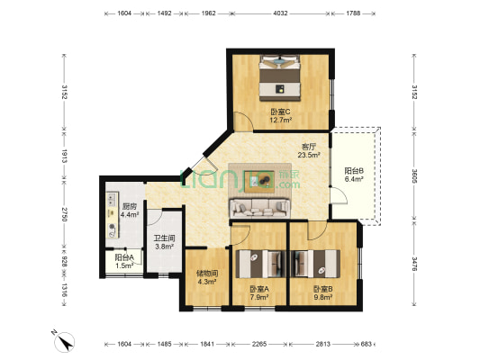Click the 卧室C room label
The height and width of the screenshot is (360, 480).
pos(280,112)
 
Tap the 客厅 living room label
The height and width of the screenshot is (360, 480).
pos(309,147)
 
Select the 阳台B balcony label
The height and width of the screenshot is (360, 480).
pos(354,171)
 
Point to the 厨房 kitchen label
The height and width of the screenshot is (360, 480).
pos(129,206)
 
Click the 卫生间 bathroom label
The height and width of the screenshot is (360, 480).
pos(165,238)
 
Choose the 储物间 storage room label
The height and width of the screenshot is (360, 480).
pos(207,273)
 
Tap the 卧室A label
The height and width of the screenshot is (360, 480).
pos(259,289)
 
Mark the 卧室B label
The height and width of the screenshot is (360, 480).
pos(323,289)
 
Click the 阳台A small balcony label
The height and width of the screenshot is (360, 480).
pos(124,257)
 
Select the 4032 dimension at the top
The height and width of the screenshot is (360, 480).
pos(280,13)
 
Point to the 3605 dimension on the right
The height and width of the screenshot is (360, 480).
pos(414,176)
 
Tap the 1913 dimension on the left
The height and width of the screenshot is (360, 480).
pos(64,156)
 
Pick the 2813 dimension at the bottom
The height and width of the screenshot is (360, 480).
pos(323,344)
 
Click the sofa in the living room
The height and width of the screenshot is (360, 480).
pos(259,208)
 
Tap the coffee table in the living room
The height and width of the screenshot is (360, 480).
pos(259,182)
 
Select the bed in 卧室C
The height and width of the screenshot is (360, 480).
pos(279,77)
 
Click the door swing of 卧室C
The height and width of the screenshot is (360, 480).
pos(243,121)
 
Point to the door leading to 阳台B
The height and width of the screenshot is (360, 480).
pos(339,196)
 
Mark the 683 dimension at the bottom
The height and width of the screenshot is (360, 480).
pos(367,344)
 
